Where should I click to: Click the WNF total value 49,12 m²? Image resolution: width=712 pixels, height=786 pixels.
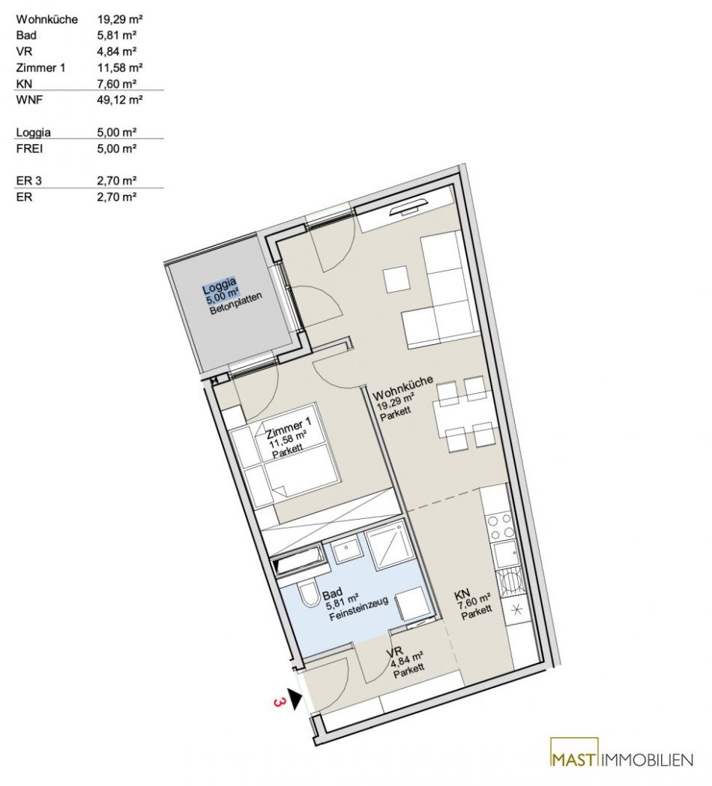[120, 100]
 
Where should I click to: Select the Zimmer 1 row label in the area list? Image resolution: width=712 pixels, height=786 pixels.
[40, 67]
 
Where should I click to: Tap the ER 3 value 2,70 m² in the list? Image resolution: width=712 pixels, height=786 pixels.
[117, 181]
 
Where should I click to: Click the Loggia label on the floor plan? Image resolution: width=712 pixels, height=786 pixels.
[220, 286]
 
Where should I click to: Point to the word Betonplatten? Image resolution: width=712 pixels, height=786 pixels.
[236, 304]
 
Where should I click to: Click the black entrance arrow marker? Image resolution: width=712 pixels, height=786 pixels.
[295, 698]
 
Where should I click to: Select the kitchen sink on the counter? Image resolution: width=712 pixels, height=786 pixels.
[505, 554]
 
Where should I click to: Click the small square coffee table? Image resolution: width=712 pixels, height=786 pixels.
[397, 279]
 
